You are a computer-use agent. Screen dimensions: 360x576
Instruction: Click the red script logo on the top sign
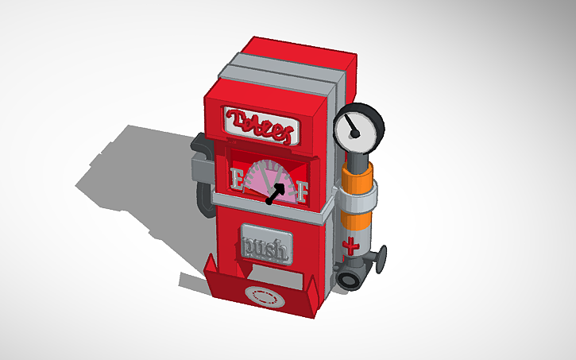tap(261, 123)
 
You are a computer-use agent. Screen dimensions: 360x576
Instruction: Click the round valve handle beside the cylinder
tap(381, 257)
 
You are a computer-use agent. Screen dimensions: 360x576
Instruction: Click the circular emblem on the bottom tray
tap(265, 296)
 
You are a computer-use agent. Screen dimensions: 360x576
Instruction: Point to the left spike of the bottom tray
tap(211, 266)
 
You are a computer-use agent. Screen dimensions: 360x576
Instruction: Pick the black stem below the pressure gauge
tap(358, 160)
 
